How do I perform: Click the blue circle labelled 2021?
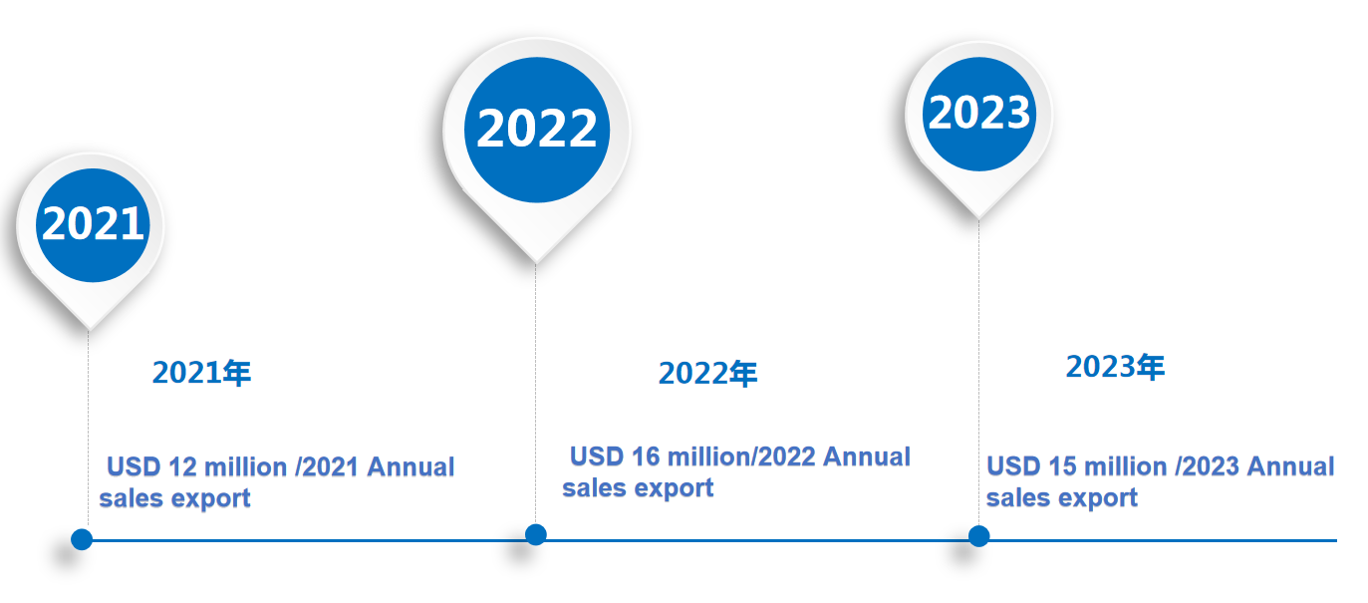click(x=93, y=225)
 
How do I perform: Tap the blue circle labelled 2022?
click(x=537, y=130)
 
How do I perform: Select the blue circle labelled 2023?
click(x=979, y=114)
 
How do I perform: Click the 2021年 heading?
click(x=201, y=373)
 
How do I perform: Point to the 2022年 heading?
click(x=707, y=374)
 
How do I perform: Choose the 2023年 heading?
click(x=1115, y=367)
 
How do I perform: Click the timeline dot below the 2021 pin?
click(x=82, y=539)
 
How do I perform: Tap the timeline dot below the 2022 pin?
click(x=536, y=534)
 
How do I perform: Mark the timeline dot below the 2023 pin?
click(x=979, y=536)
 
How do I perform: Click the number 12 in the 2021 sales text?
click(x=182, y=467)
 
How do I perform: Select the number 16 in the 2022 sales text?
click(x=646, y=457)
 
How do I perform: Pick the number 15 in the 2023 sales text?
click(x=1063, y=466)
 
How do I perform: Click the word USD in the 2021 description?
click(x=134, y=467)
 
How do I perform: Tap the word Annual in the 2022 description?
click(x=867, y=457)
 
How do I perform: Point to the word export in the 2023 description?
click(x=1098, y=498)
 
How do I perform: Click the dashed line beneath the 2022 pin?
click(x=536, y=394)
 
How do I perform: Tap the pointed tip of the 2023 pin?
click(x=979, y=218)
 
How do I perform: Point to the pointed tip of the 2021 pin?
click(x=89, y=331)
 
